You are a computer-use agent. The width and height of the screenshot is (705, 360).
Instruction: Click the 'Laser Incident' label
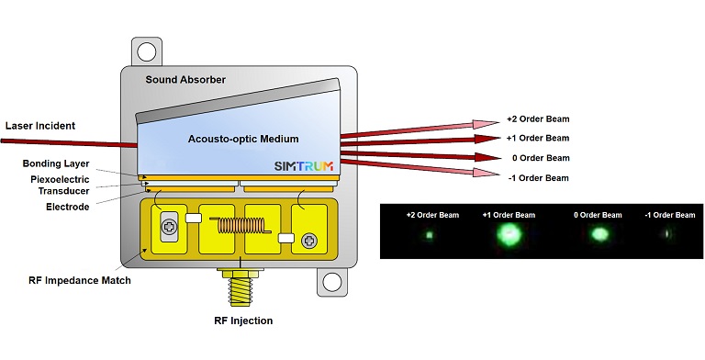[39, 125]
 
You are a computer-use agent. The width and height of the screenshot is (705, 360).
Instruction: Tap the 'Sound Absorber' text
[185, 80]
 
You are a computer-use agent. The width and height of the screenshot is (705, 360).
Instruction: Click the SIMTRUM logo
[301, 167]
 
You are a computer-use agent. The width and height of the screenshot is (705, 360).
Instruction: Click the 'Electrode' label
[68, 208]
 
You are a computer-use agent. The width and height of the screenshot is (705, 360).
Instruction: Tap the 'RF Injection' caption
[238, 321]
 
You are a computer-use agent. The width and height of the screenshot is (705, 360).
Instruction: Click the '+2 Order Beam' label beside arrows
[537, 120]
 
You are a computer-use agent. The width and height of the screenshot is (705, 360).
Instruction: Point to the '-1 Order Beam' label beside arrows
[538, 177]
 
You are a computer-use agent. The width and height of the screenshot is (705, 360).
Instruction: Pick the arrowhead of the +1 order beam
[487, 139]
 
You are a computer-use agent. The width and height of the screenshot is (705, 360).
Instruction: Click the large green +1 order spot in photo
[508, 235]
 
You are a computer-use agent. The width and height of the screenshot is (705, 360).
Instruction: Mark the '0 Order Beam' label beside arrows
[538, 158]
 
